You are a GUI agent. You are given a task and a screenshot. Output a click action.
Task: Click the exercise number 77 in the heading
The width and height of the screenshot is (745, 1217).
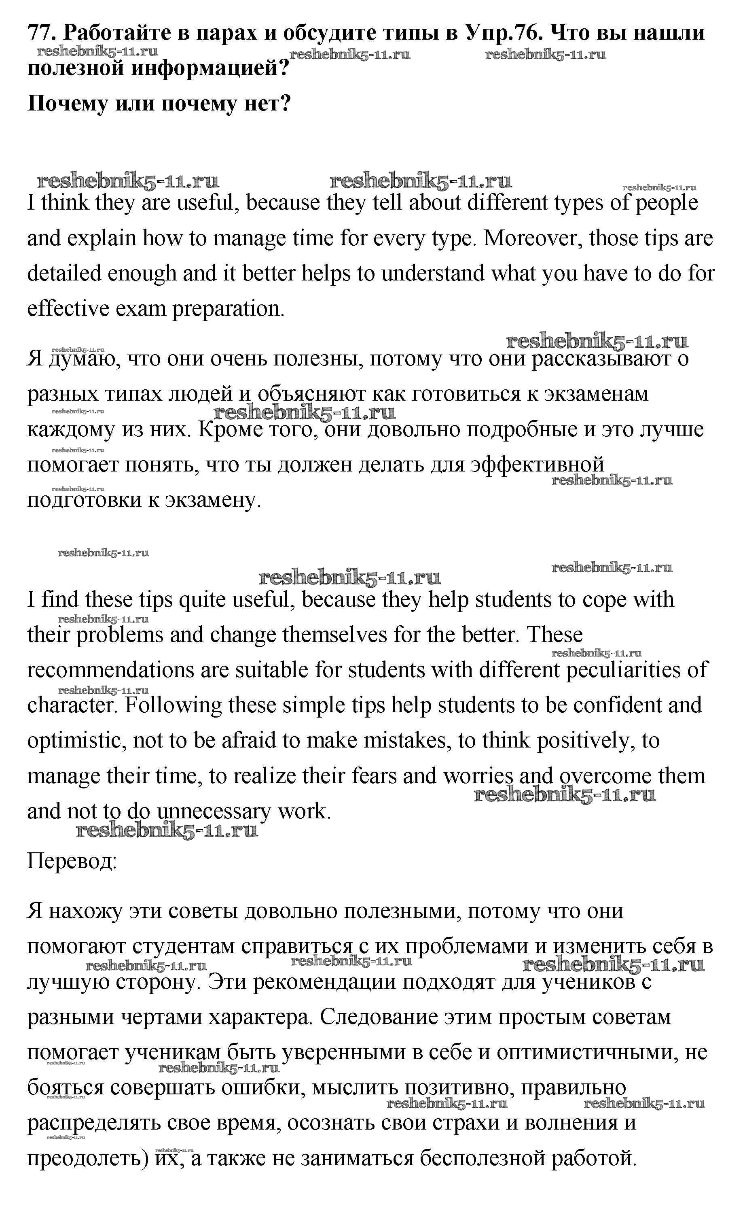tap(40, 33)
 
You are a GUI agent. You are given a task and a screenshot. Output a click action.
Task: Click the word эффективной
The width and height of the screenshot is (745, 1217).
tap(537, 465)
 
